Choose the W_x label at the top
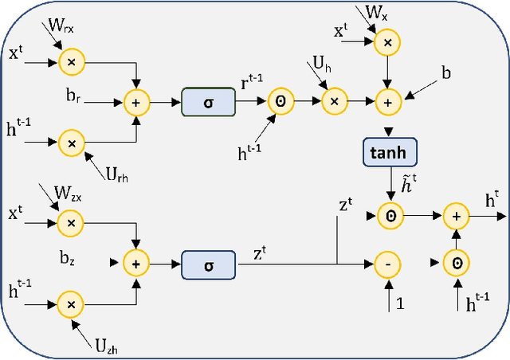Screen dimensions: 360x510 coord(376,13)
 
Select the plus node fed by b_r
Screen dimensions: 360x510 coord(136,102)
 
